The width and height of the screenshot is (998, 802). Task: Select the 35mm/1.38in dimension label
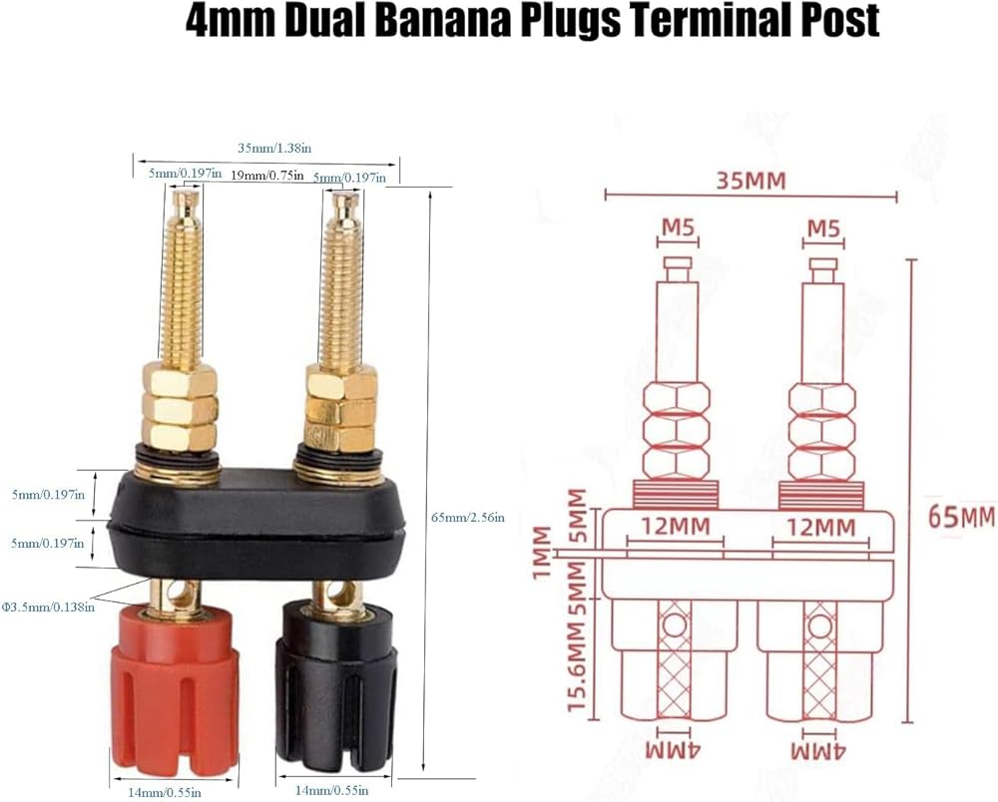(x=274, y=148)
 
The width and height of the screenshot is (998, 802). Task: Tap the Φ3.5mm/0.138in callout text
(x=47, y=605)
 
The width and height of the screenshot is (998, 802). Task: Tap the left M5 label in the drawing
(x=678, y=229)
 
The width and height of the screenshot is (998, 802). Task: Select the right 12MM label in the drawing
(x=820, y=527)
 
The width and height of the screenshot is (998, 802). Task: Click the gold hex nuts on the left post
(x=180, y=408)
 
